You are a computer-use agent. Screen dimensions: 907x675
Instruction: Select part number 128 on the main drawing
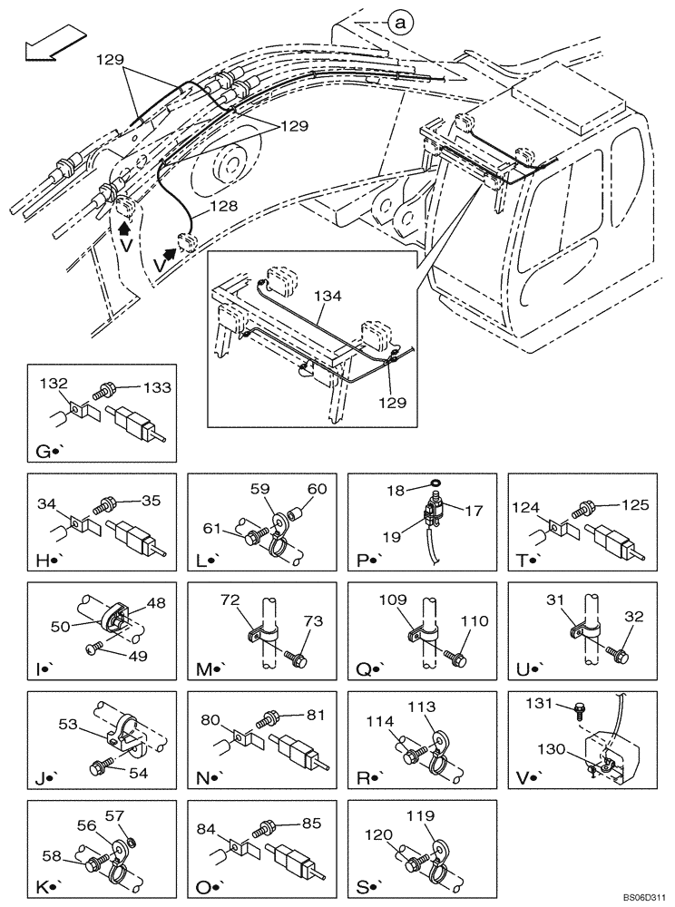223,206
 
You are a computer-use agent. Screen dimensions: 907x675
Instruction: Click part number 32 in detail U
633,617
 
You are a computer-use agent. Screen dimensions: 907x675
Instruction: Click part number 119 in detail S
445,815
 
